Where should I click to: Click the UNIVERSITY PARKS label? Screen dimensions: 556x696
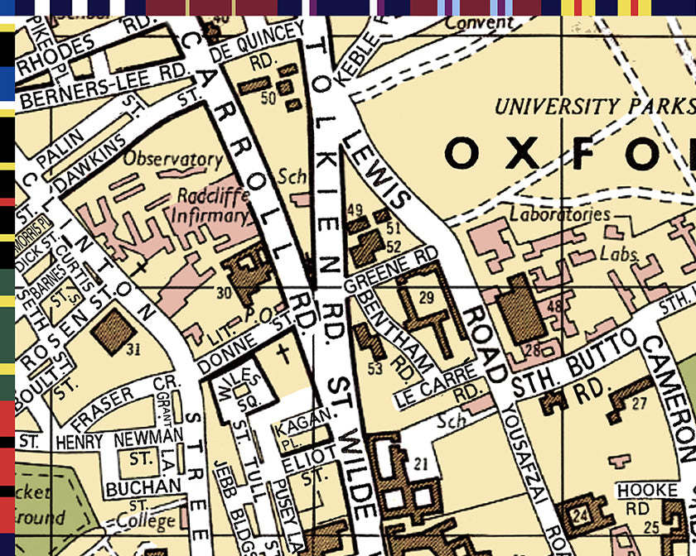point(592,106)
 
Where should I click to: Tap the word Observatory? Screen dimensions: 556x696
point(174,158)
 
